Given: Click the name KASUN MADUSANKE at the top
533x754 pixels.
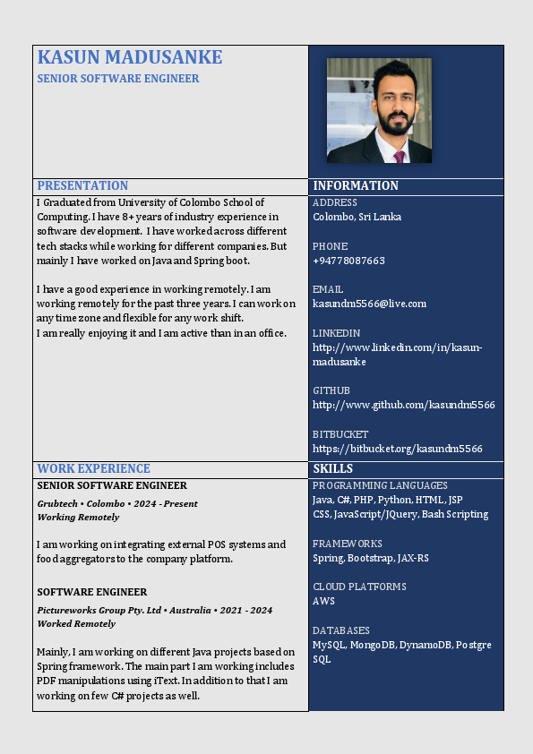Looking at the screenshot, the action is (130, 57).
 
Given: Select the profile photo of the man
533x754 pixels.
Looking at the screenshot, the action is (379, 110).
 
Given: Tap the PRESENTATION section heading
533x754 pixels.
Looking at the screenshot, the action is (82, 185).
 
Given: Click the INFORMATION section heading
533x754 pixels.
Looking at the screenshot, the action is (356, 185).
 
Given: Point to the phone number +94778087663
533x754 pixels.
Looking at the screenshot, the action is (348, 261).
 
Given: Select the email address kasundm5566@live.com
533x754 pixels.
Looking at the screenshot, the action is (369, 304).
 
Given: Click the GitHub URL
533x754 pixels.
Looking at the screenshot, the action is (403, 405).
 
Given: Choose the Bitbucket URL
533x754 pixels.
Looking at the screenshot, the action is (397, 448).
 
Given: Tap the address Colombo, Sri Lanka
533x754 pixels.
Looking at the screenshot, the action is (357, 217).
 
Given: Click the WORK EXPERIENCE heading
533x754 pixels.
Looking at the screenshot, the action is (93, 468).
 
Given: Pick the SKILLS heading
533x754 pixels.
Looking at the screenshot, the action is (332, 468).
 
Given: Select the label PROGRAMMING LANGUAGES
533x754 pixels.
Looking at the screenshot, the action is (380, 485).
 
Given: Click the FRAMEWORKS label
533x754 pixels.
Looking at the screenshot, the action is (348, 544).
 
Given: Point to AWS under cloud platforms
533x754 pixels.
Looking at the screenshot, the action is (323, 601).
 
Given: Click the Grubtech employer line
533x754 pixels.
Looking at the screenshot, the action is (117, 503).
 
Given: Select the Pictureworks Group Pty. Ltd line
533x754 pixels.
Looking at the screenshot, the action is (154, 610).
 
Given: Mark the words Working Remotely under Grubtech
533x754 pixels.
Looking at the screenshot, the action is (78, 517).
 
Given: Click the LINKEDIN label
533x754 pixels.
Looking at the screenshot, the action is (338, 333).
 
